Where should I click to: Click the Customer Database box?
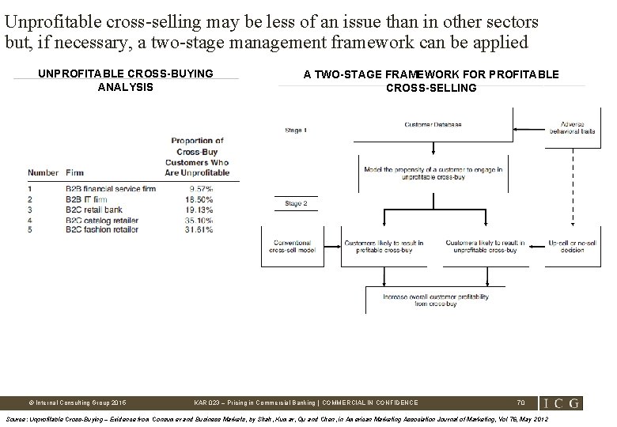[433, 124]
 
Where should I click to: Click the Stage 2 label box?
[296, 203]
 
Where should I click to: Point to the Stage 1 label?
[296, 129]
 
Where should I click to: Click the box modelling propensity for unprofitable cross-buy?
[433, 173]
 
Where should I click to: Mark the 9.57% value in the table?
[202, 189]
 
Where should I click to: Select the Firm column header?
[75, 172]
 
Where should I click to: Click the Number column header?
[43, 172]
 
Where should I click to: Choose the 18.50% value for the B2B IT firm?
[202, 199]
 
